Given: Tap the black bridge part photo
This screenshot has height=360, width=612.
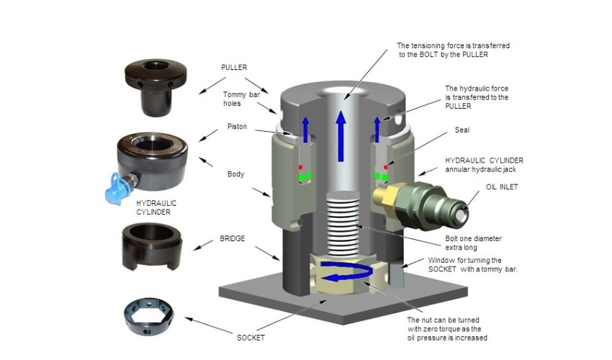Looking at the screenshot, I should (150, 244).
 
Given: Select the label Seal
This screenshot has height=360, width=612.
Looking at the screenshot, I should (461, 130).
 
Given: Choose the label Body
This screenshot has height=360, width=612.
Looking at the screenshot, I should (235, 174).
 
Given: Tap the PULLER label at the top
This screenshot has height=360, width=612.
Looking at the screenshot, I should (233, 67).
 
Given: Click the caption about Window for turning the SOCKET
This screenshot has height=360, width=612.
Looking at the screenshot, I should (471, 264).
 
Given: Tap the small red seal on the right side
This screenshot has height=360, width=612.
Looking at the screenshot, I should (386, 167).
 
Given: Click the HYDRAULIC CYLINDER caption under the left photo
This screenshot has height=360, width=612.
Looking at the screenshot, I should (157, 208).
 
